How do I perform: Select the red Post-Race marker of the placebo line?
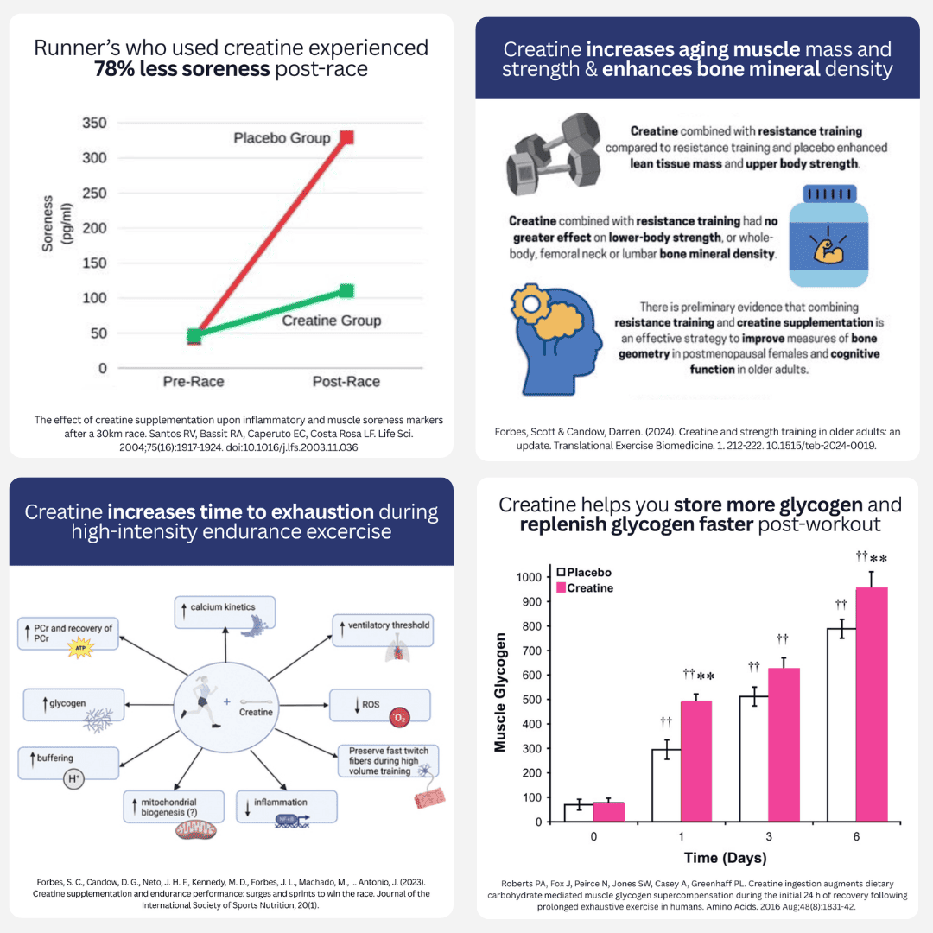346,137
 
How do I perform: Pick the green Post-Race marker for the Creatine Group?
346,291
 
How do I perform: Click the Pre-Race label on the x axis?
195,382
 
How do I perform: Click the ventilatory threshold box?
383,630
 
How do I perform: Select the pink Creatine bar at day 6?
871,704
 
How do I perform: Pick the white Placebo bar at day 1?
665,785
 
